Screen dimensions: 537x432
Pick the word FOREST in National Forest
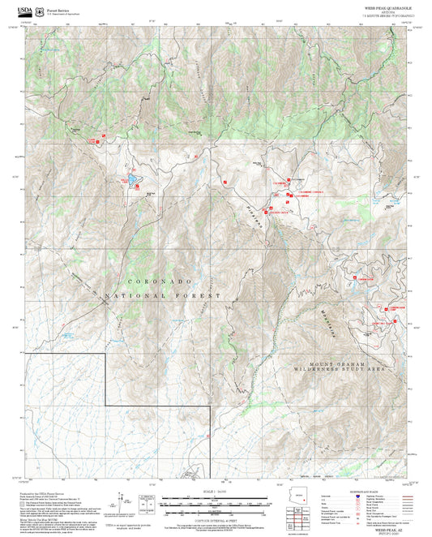[x=202, y=297]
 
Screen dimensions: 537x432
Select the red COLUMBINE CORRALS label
[x=312, y=190]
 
